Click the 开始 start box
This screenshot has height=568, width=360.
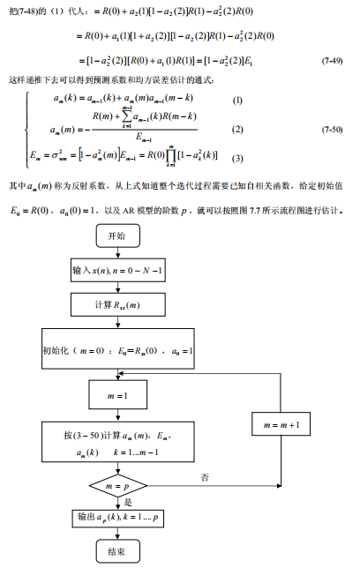(116, 235)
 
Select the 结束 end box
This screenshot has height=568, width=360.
(116, 551)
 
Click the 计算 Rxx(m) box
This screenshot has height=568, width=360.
(116, 306)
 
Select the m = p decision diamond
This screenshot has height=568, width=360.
(116, 486)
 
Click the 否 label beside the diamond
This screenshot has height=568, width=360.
(205, 476)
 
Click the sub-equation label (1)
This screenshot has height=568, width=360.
(236, 99)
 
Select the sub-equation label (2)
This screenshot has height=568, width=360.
(236, 129)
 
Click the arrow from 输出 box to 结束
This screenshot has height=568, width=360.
(116, 533)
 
